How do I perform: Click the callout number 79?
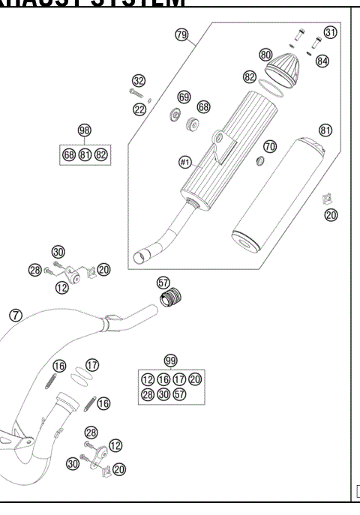pos(181,34)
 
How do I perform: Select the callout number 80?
pos(265,55)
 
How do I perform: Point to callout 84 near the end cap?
pos(322,61)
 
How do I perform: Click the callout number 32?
pos(138,81)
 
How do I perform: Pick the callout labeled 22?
pos(139,110)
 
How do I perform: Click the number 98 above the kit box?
pos(84,130)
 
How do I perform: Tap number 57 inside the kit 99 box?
pos(180,395)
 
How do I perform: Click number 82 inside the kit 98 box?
pos(101,155)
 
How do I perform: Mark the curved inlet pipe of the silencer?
pos(161,241)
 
